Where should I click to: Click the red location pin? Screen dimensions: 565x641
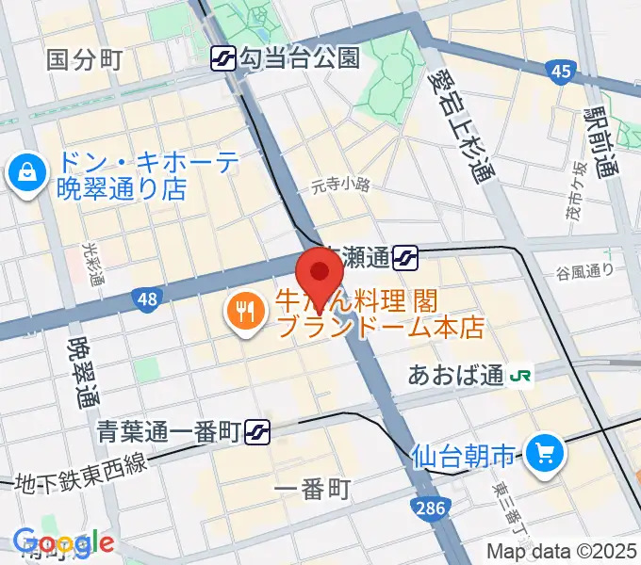[320, 273]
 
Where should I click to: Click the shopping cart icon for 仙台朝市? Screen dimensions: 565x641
[544, 456]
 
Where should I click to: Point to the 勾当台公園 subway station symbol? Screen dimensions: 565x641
[223, 58]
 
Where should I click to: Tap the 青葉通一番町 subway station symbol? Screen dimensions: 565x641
[257, 431]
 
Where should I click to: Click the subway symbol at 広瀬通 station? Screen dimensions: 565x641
[407, 254]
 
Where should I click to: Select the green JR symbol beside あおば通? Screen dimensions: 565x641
[520, 375]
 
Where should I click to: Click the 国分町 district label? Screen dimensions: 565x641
[85, 60]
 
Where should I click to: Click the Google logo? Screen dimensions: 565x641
[63, 541]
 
